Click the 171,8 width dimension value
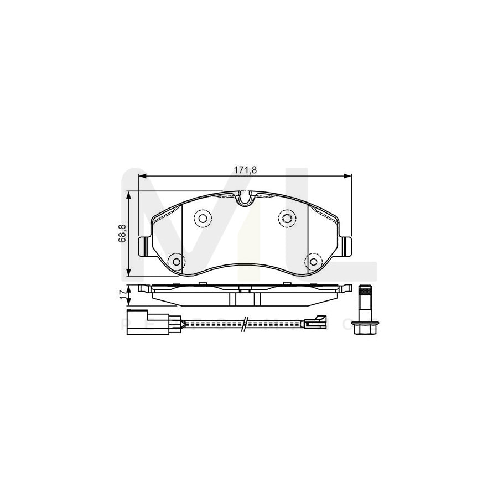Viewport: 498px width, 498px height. tap(245, 170)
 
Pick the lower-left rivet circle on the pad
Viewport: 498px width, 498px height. tap(176, 261)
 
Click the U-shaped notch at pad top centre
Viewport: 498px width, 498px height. tap(244, 198)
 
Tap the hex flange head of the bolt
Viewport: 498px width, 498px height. tap(365, 328)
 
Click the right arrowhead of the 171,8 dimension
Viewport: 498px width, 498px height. tap(349, 177)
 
